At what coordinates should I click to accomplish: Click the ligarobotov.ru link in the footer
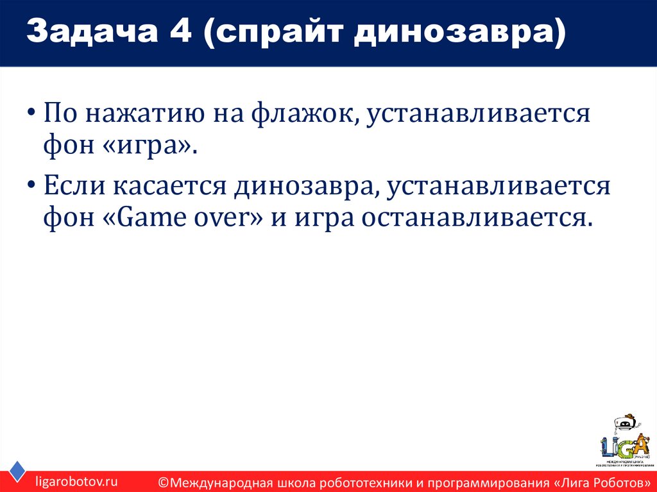point(76,480)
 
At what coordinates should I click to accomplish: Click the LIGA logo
point(624,441)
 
